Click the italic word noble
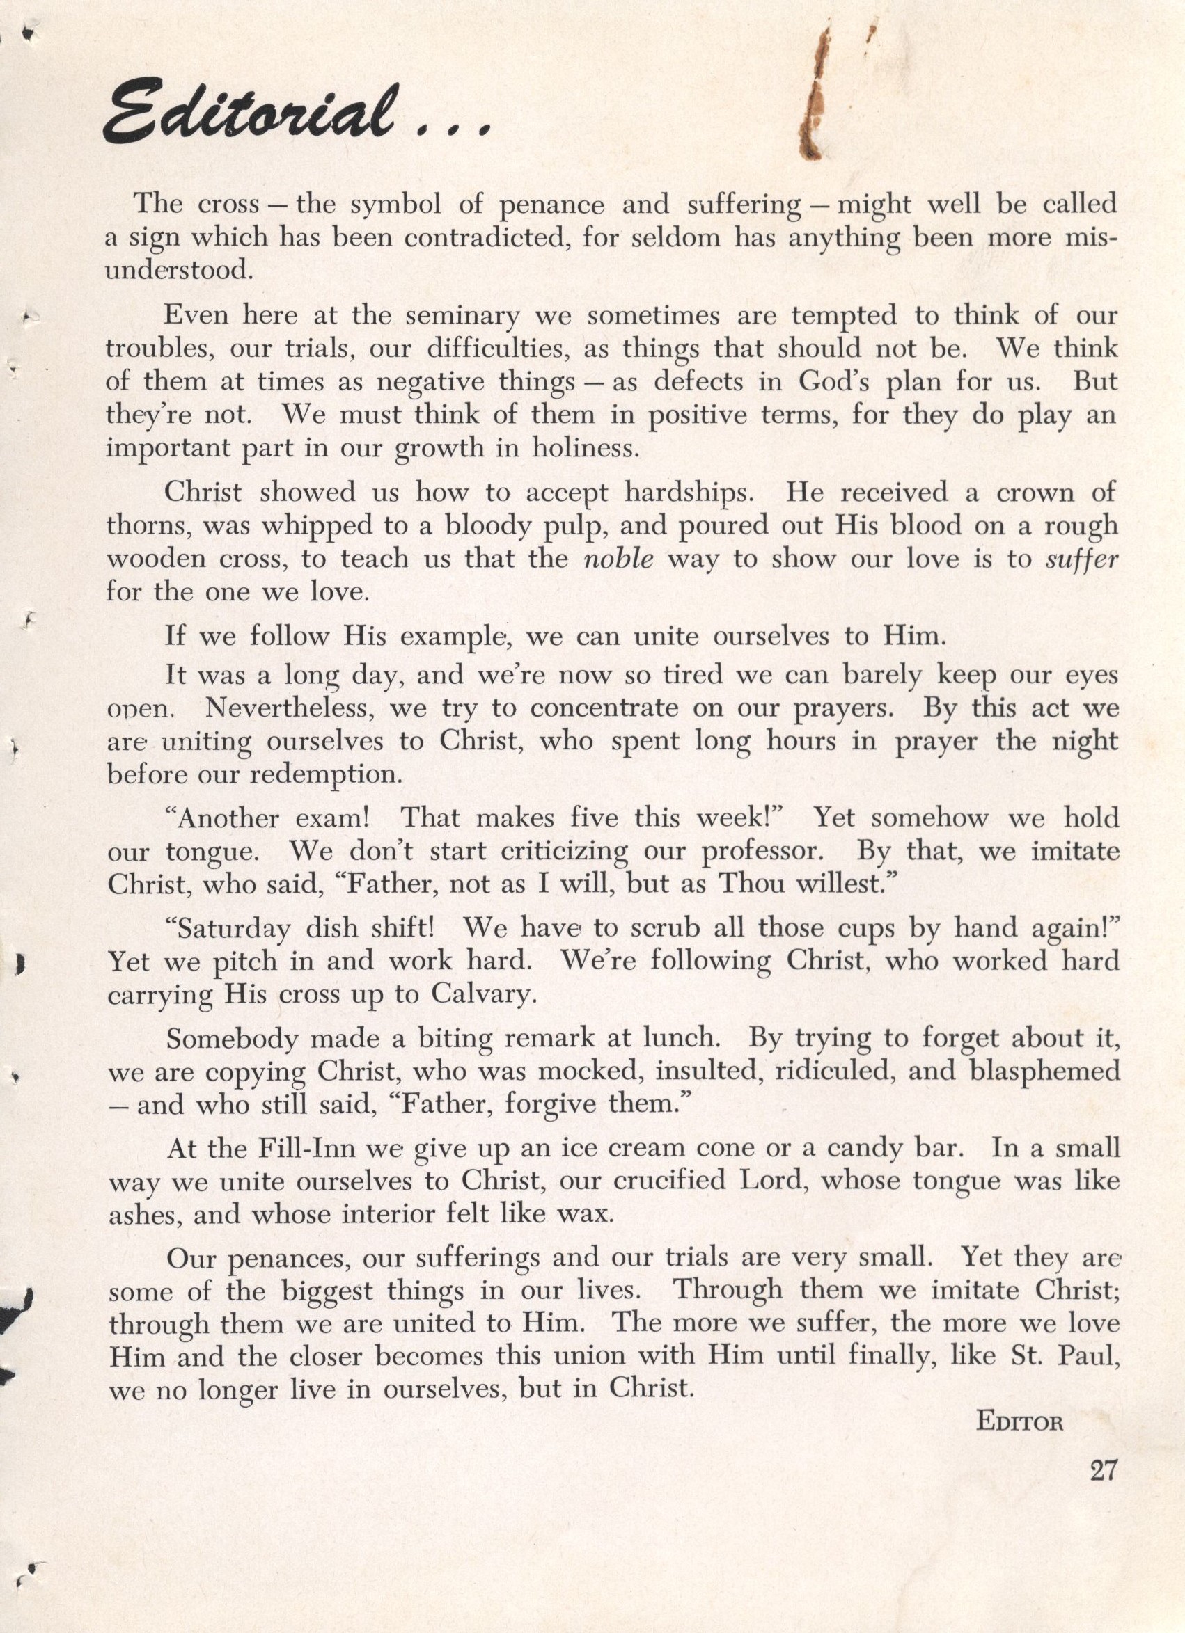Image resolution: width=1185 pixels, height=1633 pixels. (618, 559)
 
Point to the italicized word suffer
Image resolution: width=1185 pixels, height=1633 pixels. (1081, 559)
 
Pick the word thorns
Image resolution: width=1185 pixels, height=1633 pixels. (148, 525)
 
